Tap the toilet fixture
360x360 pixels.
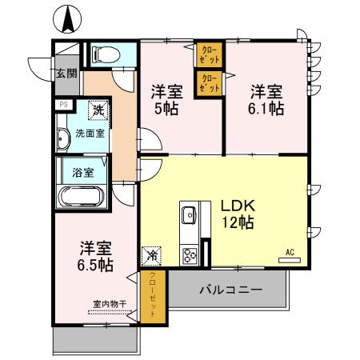tap(103, 54)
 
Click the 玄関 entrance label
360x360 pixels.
tap(66, 74)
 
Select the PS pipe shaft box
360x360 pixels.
tap(62, 105)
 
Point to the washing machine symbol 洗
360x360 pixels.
tap(97, 109)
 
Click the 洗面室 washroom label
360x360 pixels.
tap(88, 132)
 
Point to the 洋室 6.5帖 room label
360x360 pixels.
tap(94, 255)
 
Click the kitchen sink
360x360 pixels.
tap(190, 215)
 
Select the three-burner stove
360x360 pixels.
tap(190, 256)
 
